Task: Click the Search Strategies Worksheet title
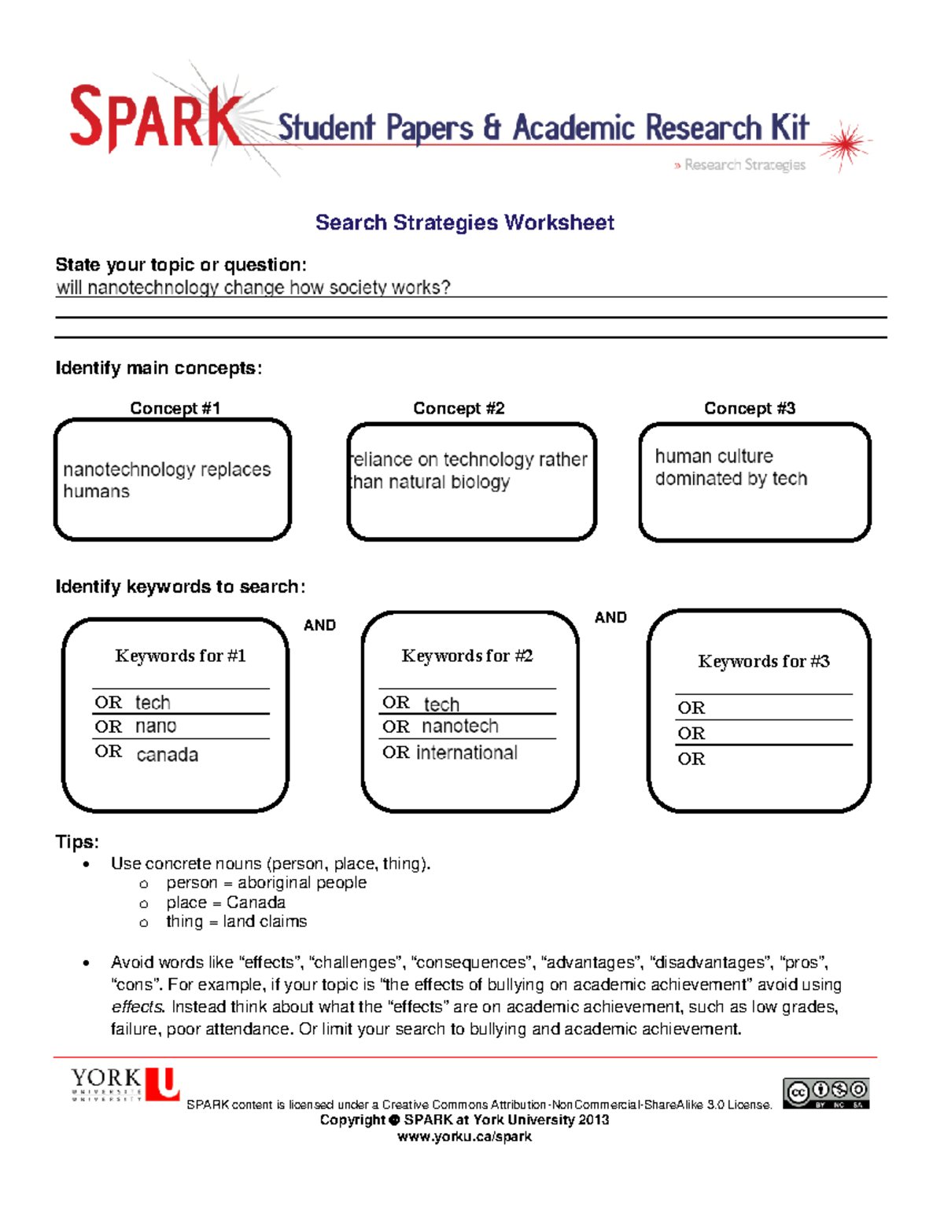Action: click(464, 223)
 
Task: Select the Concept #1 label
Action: click(175, 408)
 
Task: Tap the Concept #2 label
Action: click(459, 408)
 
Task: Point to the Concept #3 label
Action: click(749, 408)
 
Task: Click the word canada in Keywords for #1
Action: click(167, 755)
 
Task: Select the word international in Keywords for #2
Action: click(466, 752)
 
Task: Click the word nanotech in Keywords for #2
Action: click(459, 726)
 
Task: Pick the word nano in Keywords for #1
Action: click(156, 726)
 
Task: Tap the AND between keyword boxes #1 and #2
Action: click(319, 625)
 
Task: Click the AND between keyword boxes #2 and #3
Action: click(610, 617)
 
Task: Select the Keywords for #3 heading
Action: click(763, 661)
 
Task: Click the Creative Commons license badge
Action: click(825, 1093)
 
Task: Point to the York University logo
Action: click(125, 1084)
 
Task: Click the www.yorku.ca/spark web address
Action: click(464, 1136)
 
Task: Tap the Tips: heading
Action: click(77, 842)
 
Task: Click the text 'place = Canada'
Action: click(225, 902)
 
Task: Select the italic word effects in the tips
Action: click(137, 1006)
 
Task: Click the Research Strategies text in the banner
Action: click(744, 164)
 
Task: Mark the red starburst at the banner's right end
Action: click(846, 144)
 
